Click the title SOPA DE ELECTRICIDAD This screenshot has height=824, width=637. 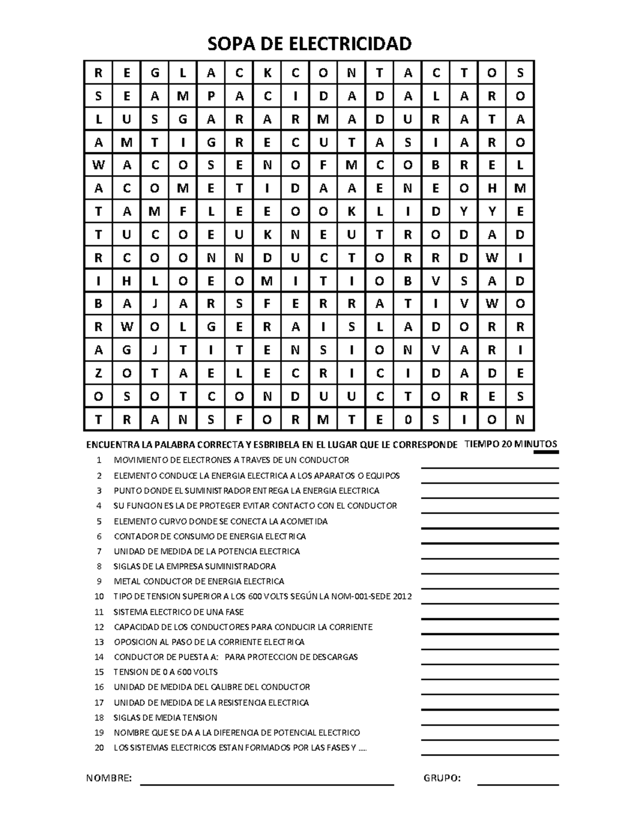(309, 44)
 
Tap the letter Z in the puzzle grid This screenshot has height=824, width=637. (98, 374)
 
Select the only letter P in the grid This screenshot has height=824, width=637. (211, 96)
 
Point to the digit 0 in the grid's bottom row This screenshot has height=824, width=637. (408, 420)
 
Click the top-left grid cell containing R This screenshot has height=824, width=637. (98, 73)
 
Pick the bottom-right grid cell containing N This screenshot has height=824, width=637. (520, 420)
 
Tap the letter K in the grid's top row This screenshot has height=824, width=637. (267, 73)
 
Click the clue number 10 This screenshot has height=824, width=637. (99, 596)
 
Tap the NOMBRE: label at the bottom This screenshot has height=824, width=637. (109, 778)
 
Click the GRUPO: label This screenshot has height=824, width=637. (442, 778)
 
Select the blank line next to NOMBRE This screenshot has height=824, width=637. (266, 784)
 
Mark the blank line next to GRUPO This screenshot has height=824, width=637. (518, 784)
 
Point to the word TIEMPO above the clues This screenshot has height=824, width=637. (481, 444)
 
